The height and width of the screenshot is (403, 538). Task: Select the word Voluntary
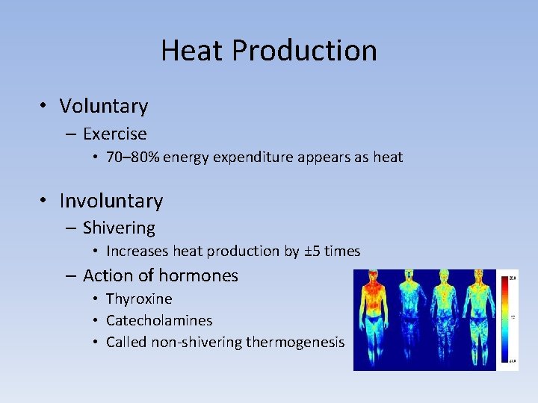coord(104,106)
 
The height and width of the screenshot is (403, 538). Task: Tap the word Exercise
coord(114,134)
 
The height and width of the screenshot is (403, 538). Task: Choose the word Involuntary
coord(111,201)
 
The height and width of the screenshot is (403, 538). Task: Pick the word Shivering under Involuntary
coord(119,228)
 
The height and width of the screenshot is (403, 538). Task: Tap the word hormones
coord(203,275)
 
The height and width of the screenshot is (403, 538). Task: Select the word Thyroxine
coord(139,299)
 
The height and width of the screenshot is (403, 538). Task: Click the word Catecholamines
coord(159,320)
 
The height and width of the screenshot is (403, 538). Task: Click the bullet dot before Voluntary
coord(46,107)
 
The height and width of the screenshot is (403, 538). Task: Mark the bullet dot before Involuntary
coord(46,201)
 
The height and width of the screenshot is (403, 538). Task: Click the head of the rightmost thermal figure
coord(475,278)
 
